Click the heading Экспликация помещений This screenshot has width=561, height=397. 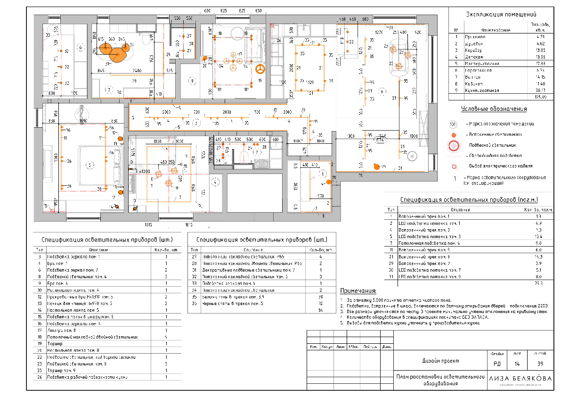(x=501, y=14)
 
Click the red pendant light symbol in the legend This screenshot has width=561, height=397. (x=454, y=146)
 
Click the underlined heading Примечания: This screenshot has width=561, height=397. (x=358, y=290)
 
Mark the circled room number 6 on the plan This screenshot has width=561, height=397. (x=80, y=48)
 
